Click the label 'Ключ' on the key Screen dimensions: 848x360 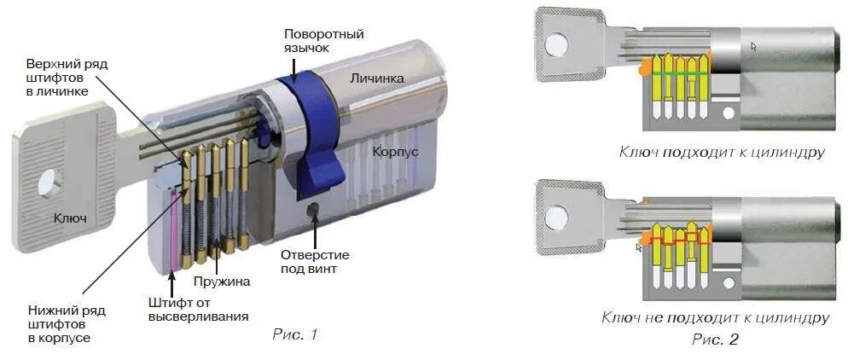pyautogui.click(x=70, y=219)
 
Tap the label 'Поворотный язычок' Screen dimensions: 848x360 pyautogui.click(x=324, y=41)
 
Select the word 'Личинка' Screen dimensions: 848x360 pyautogui.click(x=376, y=78)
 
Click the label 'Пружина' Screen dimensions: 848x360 pyautogui.click(x=220, y=280)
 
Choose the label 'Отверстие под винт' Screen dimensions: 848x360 pyautogui.click(x=315, y=262)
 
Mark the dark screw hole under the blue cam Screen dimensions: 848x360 pyautogui.click(x=314, y=209)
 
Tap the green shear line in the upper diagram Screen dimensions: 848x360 pyautogui.click(x=679, y=75)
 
